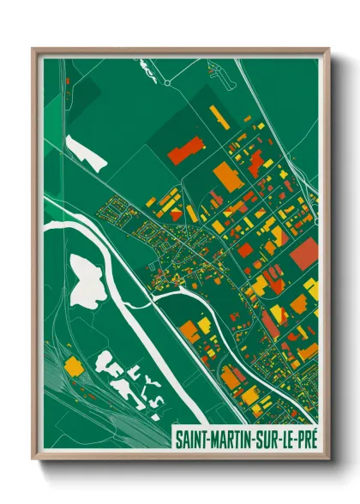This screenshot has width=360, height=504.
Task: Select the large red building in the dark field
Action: [183, 153]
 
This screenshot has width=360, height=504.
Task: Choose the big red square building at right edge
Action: [304, 254]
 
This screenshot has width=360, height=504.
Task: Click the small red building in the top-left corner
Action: [68, 82]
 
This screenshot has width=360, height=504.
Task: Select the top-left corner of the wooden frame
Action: [33, 49]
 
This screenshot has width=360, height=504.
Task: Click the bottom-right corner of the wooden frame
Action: [328, 459]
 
